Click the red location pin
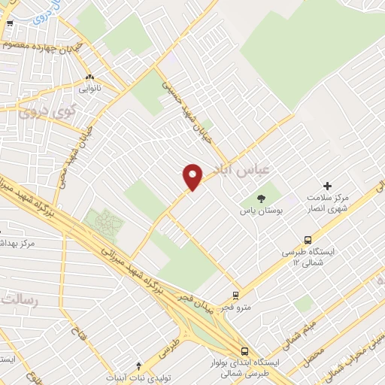coord(192,176)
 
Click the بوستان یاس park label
coord(260,213)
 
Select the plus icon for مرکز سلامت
coord(327,186)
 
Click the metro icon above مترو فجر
coord(236,295)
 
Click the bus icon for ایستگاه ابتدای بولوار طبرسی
coord(244,351)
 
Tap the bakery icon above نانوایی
coord(90,76)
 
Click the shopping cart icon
coord(10,24)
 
